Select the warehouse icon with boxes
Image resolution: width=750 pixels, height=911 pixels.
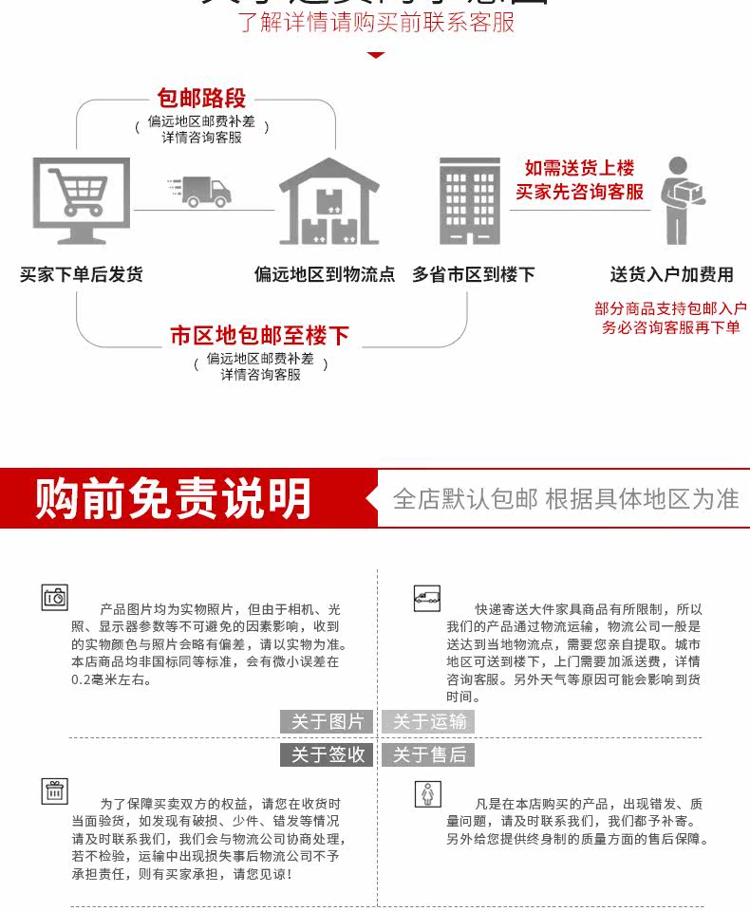coord(328,202)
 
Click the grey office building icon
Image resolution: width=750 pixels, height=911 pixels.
coord(469,201)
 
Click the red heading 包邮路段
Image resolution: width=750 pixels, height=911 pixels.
coord(201,98)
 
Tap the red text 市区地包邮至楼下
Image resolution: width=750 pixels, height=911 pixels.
coord(260,335)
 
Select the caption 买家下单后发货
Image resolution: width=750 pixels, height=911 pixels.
coord(82,274)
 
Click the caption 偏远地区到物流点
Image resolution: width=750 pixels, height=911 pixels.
coord(325,274)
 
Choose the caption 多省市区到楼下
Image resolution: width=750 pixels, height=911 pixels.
coord(473,274)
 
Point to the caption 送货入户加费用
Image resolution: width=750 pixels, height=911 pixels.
coord(671,274)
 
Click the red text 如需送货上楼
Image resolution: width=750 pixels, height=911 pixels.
coord(579,168)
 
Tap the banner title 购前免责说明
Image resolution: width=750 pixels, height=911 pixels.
coord(174,499)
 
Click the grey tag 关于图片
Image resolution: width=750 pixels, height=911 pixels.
coord(328,722)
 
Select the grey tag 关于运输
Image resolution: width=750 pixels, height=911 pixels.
coord(430,722)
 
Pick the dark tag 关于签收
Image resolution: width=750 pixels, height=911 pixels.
coord(328,754)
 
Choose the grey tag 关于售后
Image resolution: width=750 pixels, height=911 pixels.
coord(430,754)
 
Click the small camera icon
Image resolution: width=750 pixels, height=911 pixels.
coord(55,597)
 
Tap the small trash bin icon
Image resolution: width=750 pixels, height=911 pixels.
coord(55,790)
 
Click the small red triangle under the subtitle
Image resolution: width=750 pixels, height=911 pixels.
coord(376,55)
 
